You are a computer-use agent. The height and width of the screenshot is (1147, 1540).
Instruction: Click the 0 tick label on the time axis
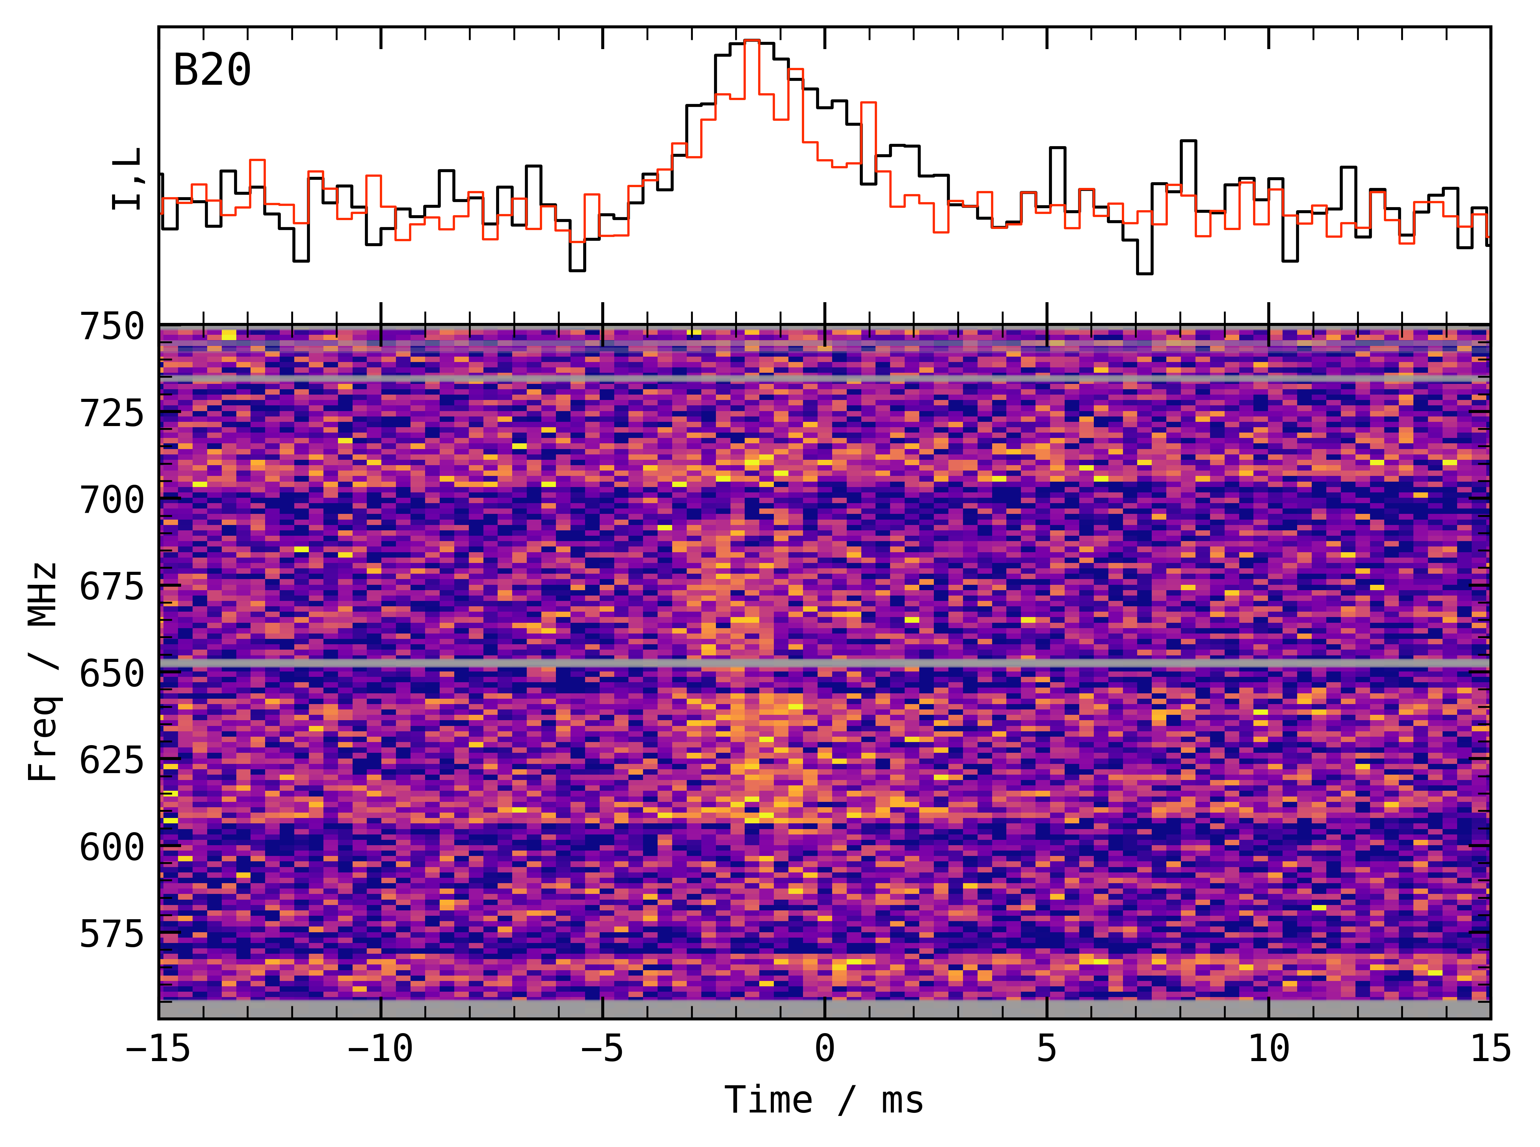pyautogui.click(x=824, y=1048)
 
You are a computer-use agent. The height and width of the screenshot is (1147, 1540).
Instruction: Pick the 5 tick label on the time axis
pyautogui.click(x=1047, y=1048)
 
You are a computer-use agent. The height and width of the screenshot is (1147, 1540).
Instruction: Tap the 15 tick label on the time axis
pyautogui.click(x=1491, y=1048)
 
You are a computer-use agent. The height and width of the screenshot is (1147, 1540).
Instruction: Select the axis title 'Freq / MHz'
pyautogui.click(x=43, y=671)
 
